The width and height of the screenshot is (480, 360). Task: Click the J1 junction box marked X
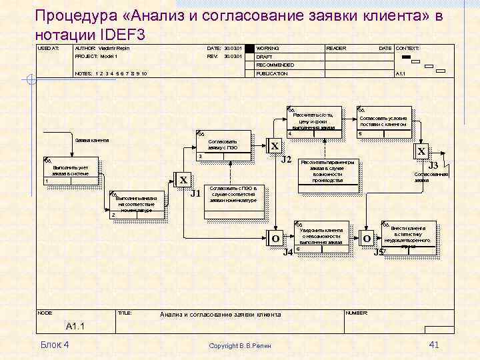[x=183, y=180]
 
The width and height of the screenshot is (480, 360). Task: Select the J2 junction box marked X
[x=274, y=146]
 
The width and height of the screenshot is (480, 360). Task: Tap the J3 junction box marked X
[x=421, y=151]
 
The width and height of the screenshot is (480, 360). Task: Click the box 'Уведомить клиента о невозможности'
[x=321, y=235]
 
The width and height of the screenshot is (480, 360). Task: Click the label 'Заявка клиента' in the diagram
[x=92, y=141]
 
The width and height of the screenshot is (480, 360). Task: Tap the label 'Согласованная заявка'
[x=431, y=177]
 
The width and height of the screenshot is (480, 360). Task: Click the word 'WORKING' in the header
[x=268, y=49]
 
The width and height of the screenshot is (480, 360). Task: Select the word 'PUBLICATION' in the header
[x=272, y=73]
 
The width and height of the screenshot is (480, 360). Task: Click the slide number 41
[x=434, y=344]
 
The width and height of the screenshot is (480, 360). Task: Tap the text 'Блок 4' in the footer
[x=55, y=344]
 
